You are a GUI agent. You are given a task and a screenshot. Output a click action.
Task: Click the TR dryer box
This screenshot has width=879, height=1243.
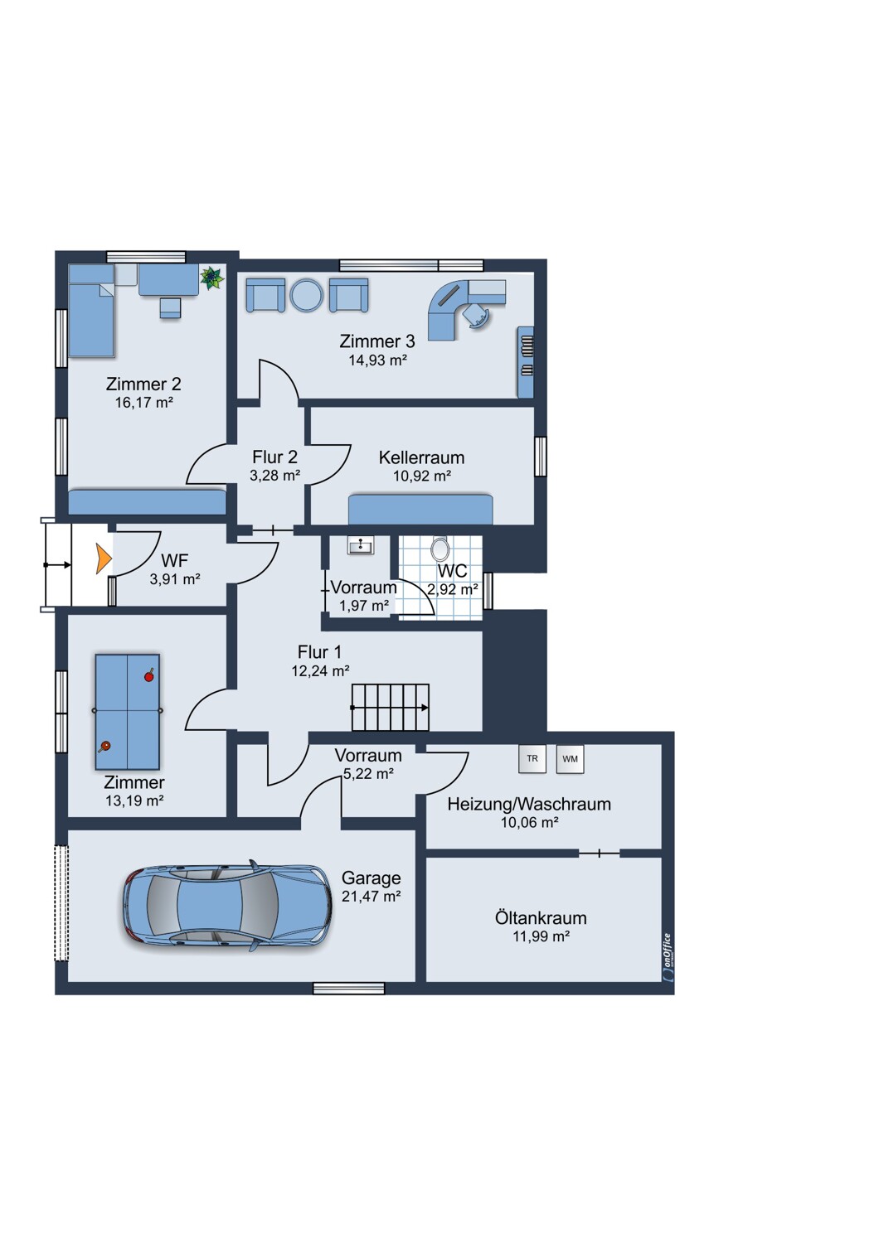click(532, 758)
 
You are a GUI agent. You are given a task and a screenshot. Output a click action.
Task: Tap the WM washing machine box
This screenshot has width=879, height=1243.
click(571, 759)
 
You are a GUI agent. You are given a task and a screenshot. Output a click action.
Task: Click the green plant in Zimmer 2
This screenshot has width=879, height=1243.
click(212, 278)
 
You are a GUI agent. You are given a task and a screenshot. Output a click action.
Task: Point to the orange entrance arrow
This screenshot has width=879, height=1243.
click(104, 559)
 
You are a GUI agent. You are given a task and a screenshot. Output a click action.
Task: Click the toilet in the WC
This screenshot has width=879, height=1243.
click(440, 549)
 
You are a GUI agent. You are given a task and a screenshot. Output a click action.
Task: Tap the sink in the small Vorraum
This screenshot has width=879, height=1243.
click(361, 545)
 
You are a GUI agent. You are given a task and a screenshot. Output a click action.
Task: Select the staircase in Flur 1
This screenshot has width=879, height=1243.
click(391, 707)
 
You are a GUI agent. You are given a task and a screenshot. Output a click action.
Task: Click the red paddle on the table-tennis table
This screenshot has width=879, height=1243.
click(148, 676)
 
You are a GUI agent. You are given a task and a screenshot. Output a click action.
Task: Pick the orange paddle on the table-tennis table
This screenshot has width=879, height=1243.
click(104, 747)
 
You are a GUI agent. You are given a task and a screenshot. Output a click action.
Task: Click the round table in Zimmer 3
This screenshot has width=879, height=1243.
click(307, 295)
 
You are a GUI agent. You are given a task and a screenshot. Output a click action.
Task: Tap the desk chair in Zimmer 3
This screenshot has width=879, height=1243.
click(477, 315)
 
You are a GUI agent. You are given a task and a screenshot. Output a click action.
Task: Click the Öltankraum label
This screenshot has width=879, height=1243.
click(541, 917)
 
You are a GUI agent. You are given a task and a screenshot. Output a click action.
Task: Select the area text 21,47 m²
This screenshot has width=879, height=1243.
click(371, 896)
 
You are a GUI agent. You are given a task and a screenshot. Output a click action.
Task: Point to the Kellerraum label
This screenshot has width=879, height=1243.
click(421, 457)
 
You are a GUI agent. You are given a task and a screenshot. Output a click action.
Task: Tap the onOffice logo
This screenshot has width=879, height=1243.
click(668, 956)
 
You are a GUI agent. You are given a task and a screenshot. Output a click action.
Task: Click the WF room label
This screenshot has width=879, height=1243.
click(174, 560)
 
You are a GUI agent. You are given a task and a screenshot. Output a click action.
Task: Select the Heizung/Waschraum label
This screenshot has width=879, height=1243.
click(529, 804)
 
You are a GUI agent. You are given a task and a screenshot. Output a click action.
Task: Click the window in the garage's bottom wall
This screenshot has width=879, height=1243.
click(349, 989)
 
